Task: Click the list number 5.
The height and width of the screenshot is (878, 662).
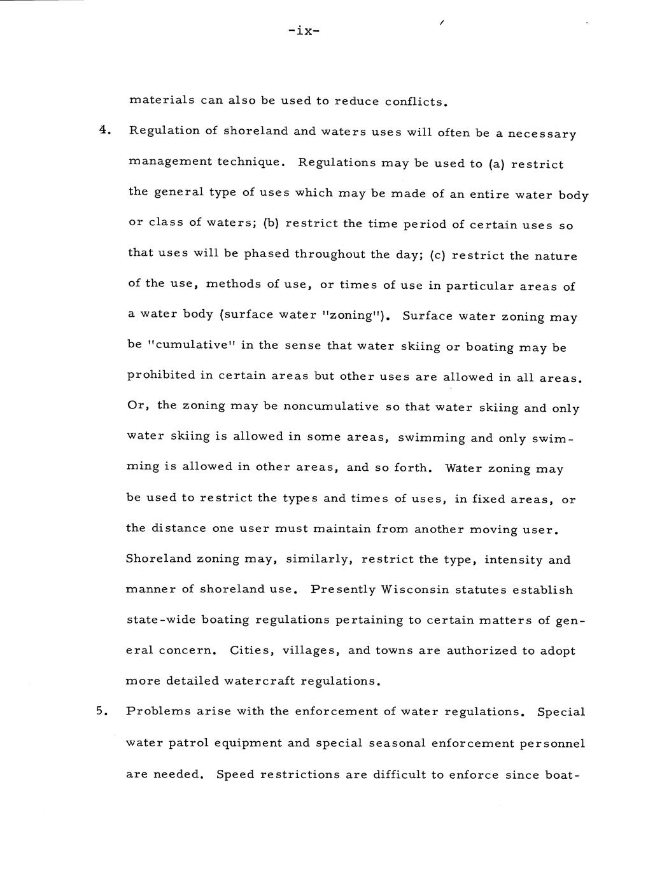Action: (x=102, y=711)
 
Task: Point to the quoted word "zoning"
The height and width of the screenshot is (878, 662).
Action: (x=346, y=315)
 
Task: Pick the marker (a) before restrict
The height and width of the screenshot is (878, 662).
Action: (x=496, y=164)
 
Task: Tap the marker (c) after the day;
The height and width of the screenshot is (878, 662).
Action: (x=439, y=255)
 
